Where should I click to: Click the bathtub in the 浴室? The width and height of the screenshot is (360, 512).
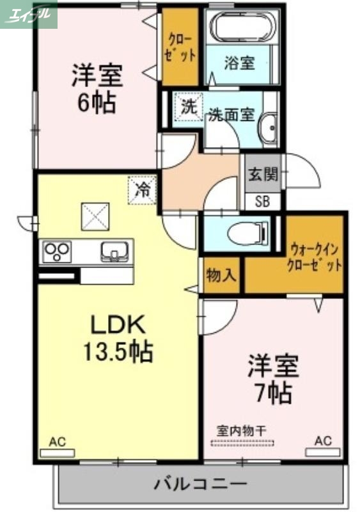(x=242, y=28)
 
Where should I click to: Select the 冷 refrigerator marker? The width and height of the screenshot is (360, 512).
(x=143, y=189)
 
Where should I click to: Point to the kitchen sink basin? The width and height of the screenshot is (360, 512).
(x=115, y=251)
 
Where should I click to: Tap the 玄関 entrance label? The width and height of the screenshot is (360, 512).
(x=263, y=173)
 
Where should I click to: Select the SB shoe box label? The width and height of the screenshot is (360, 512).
(x=263, y=202)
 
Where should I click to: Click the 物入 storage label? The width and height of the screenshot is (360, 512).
(x=221, y=276)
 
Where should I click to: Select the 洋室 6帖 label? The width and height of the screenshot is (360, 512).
(x=97, y=88)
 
